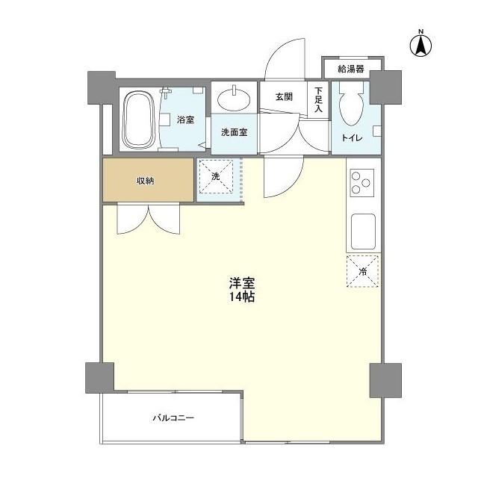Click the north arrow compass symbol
coord(420,44)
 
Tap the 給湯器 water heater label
coord(350,69)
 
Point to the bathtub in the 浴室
coord(137,119)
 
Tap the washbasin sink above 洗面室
coord(234,98)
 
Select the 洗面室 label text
coord(234,132)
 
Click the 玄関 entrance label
coord(283,96)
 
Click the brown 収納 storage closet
coord(148,180)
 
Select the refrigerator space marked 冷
coord(362,271)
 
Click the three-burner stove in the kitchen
coord(362,181)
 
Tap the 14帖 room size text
coord(243,297)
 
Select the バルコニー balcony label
coord(173,418)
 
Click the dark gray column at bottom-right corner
coord(385,380)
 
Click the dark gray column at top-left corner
coord(102,88)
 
